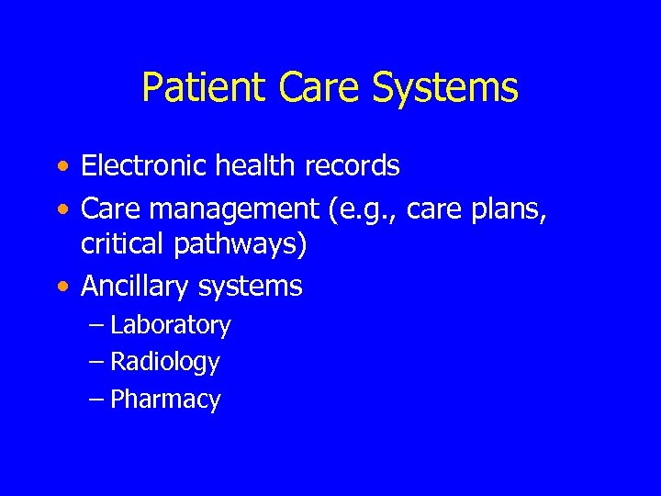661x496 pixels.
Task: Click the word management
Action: pyautogui.click(x=230, y=209)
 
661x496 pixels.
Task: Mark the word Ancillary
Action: pyautogui.click(x=137, y=287)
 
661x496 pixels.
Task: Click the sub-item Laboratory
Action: pyautogui.click(x=170, y=325)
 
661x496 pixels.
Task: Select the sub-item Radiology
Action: pyautogui.click(x=164, y=363)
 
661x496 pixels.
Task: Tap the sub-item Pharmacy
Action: pyautogui.click(x=165, y=400)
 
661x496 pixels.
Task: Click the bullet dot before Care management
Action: pyautogui.click(x=61, y=210)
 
